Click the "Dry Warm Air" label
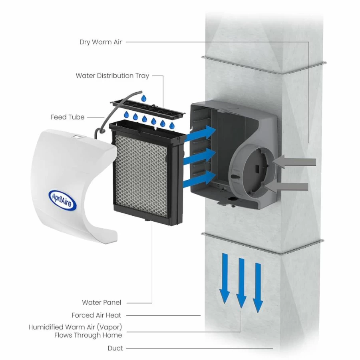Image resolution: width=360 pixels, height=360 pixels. click(101, 42)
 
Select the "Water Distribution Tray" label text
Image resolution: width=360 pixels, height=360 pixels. click(113, 76)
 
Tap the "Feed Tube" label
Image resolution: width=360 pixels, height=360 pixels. click(68, 117)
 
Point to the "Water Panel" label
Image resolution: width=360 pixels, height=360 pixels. click(101, 302)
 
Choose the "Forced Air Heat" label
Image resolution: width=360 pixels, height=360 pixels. click(96, 315)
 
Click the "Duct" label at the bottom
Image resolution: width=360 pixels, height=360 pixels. click(115, 348)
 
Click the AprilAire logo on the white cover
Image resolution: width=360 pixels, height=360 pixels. click(62, 199)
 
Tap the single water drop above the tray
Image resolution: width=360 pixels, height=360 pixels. click(144, 98)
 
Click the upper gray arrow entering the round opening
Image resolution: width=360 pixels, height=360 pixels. click(294, 162)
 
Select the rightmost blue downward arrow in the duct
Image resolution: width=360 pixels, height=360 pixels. click(258, 288)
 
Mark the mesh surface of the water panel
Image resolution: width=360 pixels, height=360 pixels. click(141, 175)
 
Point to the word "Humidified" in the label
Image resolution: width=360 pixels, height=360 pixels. click(46, 327)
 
